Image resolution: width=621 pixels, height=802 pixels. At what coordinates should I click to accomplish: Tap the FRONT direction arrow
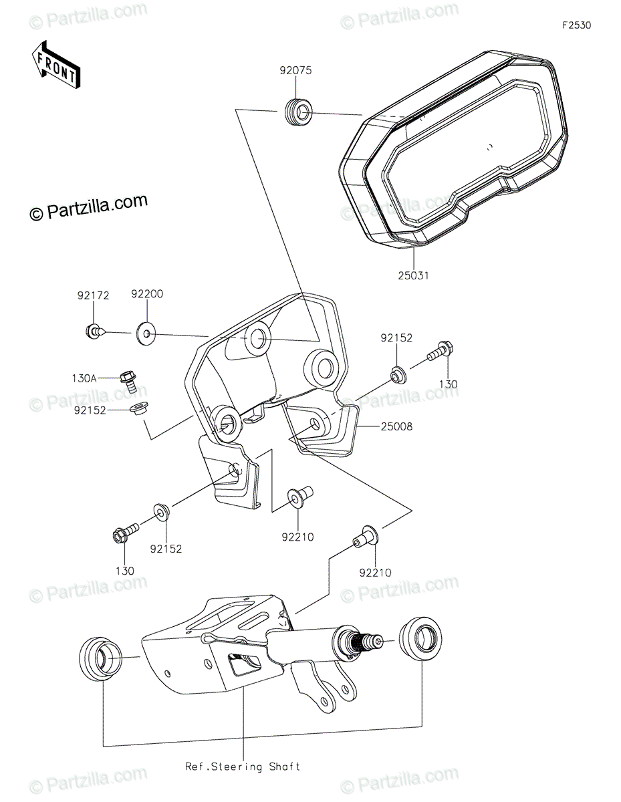tap(57, 65)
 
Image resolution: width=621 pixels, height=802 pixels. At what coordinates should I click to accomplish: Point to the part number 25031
tap(414, 275)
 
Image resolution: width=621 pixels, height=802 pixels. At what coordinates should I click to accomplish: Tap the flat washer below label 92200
tap(145, 331)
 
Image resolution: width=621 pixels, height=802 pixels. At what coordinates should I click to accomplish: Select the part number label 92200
tap(146, 294)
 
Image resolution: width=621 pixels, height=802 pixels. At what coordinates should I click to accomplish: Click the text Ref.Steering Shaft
tap(243, 767)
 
